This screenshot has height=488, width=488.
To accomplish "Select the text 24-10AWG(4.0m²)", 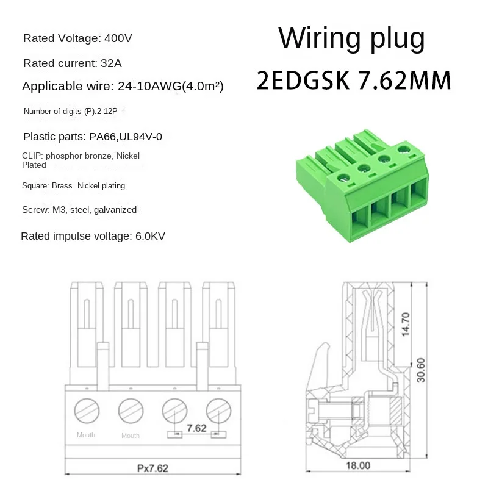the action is coord(169,87).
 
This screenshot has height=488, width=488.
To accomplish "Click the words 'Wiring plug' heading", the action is coord(351,38).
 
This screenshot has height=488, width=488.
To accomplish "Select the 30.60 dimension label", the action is coord(421,369).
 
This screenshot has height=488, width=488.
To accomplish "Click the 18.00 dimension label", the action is coord(358,465).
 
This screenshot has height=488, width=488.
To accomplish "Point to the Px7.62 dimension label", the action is coord(152,468).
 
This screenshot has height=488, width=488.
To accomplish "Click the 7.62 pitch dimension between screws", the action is coord(196,428).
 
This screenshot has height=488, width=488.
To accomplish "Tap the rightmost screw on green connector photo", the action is coord(403,149).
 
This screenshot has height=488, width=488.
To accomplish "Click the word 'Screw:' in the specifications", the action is coord(34,209).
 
